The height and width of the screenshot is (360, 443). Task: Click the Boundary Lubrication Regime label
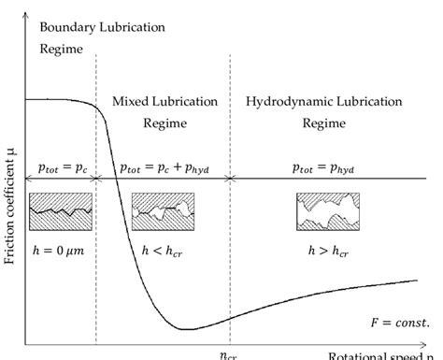point(102,36)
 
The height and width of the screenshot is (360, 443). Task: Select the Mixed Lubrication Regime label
point(164,110)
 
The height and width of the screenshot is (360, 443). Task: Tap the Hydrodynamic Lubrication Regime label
point(323,110)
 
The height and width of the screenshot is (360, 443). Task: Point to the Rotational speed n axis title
point(383,355)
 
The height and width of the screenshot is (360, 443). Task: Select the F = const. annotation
point(396,323)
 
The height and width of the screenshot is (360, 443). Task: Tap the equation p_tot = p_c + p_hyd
point(165,167)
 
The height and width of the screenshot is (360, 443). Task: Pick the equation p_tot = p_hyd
point(322,167)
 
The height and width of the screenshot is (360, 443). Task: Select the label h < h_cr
point(164,252)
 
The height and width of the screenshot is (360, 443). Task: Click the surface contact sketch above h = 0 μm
point(61,210)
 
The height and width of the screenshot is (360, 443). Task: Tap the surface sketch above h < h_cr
point(164,210)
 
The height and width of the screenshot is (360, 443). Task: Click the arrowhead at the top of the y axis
point(25,10)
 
